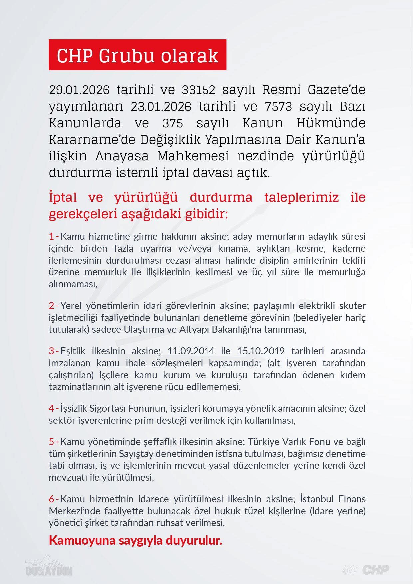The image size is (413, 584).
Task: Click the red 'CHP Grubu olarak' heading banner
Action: pyautogui.click(x=137, y=55)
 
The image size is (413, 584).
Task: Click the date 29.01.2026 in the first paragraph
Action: pyautogui.click(x=79, y=90)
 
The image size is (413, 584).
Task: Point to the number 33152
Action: pyautogui.click(x=199, y=90)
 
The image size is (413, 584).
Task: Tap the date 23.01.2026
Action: pyautogui.click(x=161, y=106)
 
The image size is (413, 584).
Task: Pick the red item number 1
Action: pyautogui.click(x=52, y=236)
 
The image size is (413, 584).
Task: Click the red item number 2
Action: pyautogui.click(x=52, y=306)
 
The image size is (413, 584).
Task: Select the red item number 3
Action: pyautogui.click(x=52, y=351)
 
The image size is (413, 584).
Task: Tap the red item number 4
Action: pyautogui.click(x=52, y=408)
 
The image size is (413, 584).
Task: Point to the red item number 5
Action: pyautogui.click(x=52, y=442)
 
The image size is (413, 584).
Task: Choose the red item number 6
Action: pyautogui.click(x=52, y=499)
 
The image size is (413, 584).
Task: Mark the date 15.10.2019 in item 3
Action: pyautogui.click(x=261, y=351)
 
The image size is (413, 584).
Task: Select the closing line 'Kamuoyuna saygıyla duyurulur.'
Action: pyautogui.click(x=135, y=540)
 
